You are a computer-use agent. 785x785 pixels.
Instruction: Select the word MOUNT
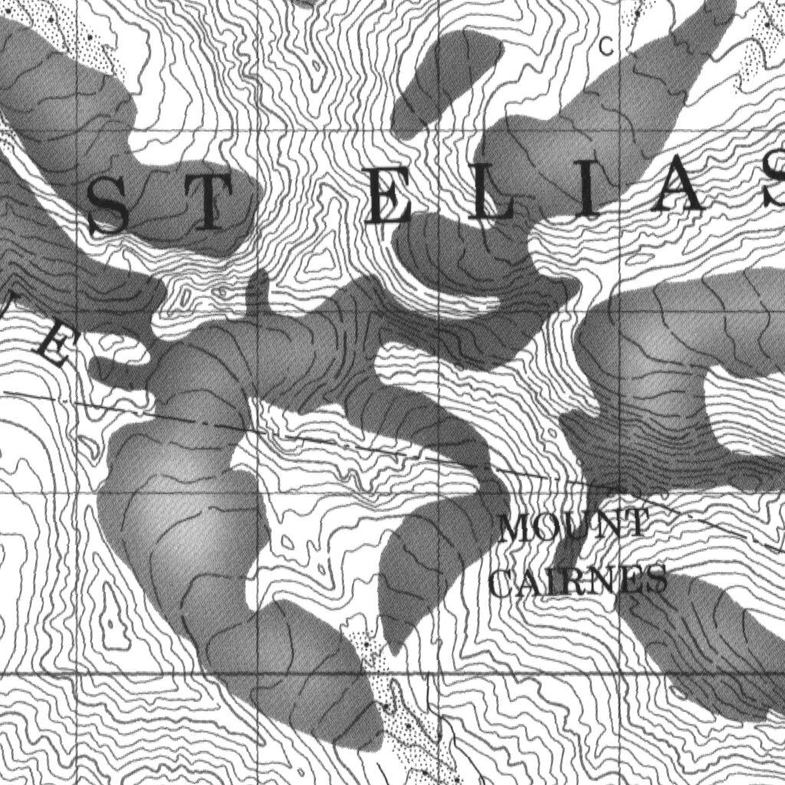(x=571, y=527)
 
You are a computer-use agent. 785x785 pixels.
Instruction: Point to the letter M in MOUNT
(x=515, y=529)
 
